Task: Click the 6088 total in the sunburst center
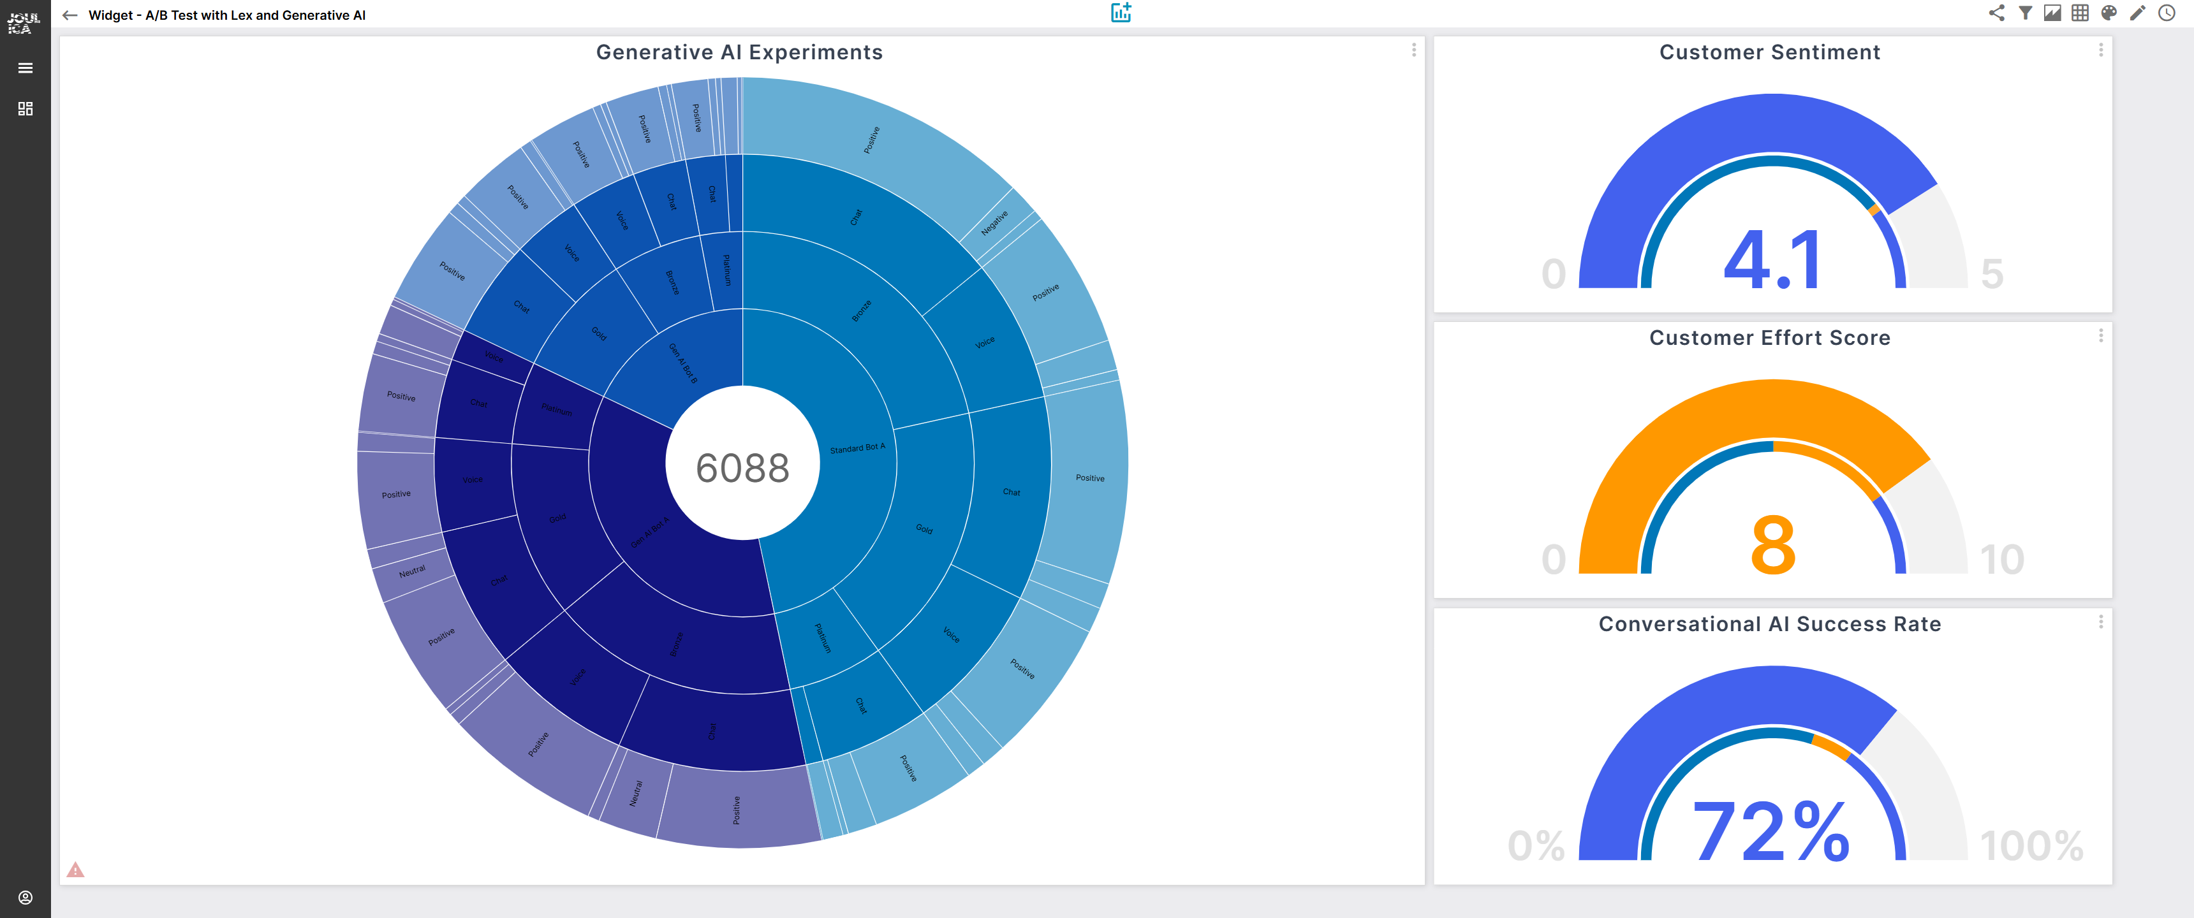point(742,467)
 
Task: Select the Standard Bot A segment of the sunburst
point(857,448)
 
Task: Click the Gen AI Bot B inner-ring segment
point(682,363)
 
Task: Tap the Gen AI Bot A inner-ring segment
point(650,532)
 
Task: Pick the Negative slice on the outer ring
point(994,222)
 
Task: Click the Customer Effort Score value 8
point(1772,545)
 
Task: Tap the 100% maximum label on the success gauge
point(2031,845)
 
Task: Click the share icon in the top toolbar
point(1996,13)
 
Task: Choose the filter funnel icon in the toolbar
point(2026,13)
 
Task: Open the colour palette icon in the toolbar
point(2109,13)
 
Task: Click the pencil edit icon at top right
point(2138,13)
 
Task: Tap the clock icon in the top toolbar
point(2167,13)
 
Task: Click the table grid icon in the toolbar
point(2080,13)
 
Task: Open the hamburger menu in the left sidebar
point(26,68)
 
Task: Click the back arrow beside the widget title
point(70,15)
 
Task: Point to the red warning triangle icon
point(76,870)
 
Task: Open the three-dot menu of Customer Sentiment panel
point(2100,50)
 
